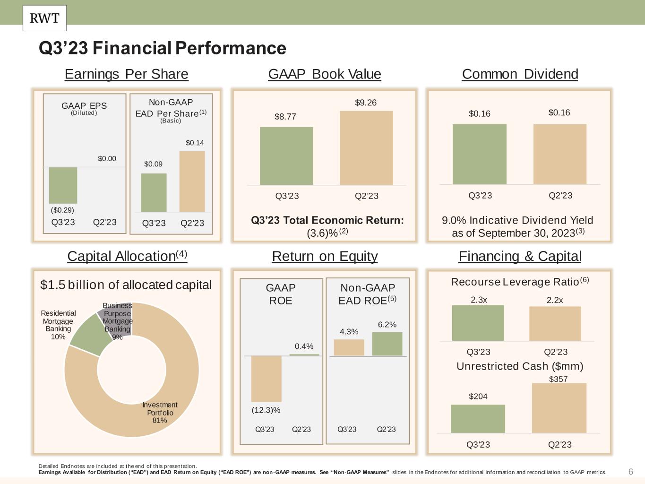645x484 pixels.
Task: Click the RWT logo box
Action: click(x=44, y=18)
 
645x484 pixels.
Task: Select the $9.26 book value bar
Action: click(x=366, y=148)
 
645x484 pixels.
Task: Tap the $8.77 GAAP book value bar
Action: click(x=286, y=156)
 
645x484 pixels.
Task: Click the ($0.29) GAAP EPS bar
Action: click(x=63, y=185)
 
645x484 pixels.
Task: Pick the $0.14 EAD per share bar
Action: click(x=192, y=181)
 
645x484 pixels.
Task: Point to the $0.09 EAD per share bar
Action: click(x=154, y=193)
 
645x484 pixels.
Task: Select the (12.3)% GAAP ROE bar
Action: click(x=266, y=379)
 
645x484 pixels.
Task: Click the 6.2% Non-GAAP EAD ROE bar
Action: click(x=387, y=344)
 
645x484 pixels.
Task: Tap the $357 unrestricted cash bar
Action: click(x=559, y=408)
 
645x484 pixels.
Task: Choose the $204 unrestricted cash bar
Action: click(x=478, y=419)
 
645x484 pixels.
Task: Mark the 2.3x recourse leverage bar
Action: click(x=478, y=323)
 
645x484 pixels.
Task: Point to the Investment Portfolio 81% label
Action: click(x=160, y=413)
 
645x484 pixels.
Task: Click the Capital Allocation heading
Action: click(x=127, y=256)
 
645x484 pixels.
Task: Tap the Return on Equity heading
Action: click(x=325, y=256)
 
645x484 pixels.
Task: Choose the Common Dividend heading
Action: click(x=520, y=74)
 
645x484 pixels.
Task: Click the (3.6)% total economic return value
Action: click(x=322, y=233)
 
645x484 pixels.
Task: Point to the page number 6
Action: click(x=630, y=472)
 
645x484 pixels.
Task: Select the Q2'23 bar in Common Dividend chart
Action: click(x=560, y=154)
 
